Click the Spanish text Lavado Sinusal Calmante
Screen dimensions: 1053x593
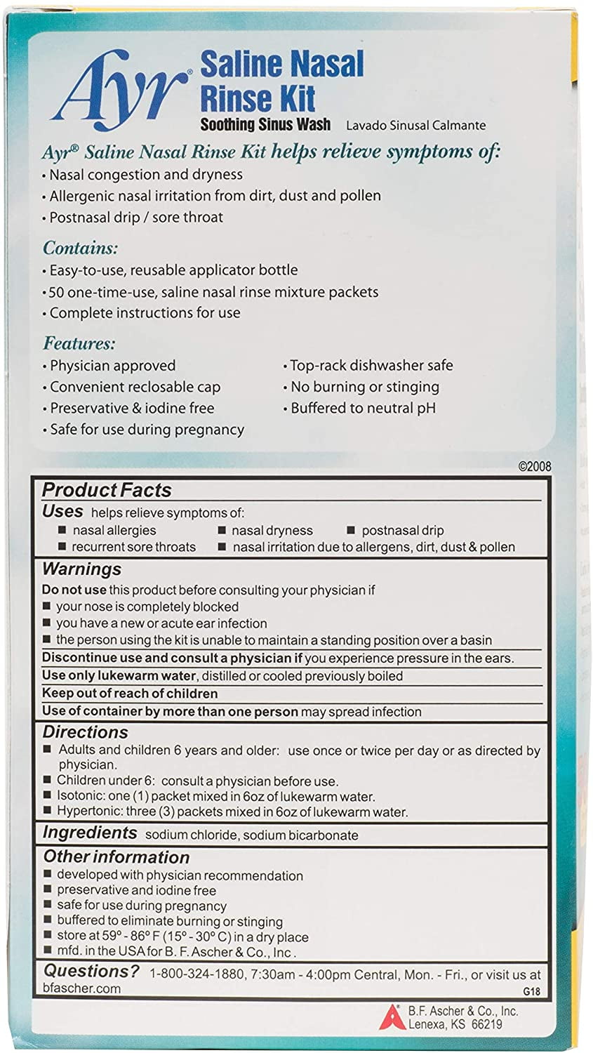(415, 126)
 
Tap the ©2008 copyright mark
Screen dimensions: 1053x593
(534, 466)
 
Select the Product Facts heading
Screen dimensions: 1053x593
(107, 490)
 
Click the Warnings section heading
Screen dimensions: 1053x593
(81, 569)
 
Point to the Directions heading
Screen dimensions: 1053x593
(85, 731)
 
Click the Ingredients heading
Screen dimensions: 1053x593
(90, 833)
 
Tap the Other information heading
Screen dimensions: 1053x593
(116, 856)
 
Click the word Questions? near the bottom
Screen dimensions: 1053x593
(91, 971)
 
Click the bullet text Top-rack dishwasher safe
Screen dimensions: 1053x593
(371, 366)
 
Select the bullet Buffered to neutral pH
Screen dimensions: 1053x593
(363, 408)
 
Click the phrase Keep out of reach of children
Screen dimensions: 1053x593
(130, 694)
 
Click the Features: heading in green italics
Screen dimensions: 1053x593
(79, 343)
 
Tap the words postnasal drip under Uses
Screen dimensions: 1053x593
(402, 531)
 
